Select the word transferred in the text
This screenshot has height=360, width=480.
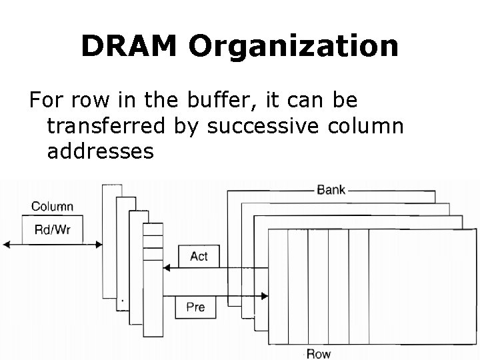[120, 126]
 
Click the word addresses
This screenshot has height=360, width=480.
[101, 151]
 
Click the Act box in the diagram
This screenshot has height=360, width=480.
[198, 256]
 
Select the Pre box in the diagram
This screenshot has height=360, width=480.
[195, 307]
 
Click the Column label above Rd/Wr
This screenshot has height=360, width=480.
[52, 207]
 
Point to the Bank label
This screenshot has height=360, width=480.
[331, 189]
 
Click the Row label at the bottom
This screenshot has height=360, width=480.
[318, 353]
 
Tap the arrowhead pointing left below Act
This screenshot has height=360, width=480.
[167, 269]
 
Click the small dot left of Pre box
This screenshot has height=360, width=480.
[122, 301]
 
